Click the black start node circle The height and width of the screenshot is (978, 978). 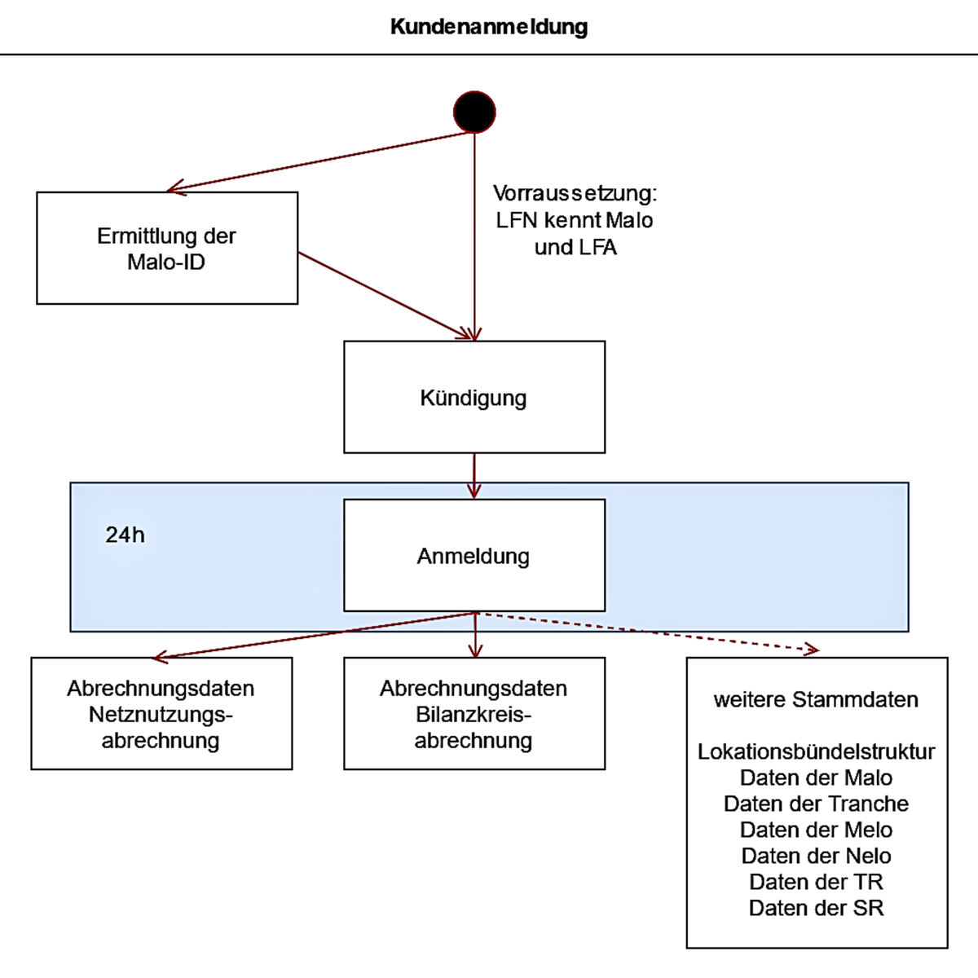pyautogui.click(x=474, y=112)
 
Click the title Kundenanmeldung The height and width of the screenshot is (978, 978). pyautogui.click(x=489, y=26)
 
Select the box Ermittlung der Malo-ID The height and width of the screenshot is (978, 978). pyautogui.click(x=167, y=248)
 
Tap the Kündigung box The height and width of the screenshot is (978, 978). pyautogui.click(x=474, y=397)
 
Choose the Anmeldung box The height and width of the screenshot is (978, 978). pyautogui.click(x=474, y=556)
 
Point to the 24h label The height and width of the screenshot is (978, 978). pyautogui.click(x=125, y=535)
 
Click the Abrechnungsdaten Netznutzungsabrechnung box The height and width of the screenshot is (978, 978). pyautogui.click(x=161, y=714)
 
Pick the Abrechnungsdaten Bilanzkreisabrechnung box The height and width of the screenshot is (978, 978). pyautogui.click(x=474, y=714)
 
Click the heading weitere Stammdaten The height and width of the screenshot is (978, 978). pyautogui.click(x=816, y=699)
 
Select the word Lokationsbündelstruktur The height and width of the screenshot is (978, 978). pyautogui.click(x=816, y=751)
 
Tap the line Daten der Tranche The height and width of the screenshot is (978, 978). pyautogui.click(x=816, y=804)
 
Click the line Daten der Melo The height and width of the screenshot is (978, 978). pyautogui.click(x=816, y=830)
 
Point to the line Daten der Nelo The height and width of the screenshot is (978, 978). pyautogui.click(x=816, y=856)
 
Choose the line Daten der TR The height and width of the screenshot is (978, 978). pyautogui.click(x=816, y=882)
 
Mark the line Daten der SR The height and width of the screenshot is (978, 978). pyautogui.click(x=816, y=908)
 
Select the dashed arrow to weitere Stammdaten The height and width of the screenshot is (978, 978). pyautogui.click(x=652, y=632)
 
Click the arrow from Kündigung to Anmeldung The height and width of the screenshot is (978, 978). pyautogui.click(x=474, y=475)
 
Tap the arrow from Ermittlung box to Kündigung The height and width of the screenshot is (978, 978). pyautogui.click(x=383, y=294)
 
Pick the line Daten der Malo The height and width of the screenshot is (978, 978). pyautogui.click(x=816, y=778)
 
